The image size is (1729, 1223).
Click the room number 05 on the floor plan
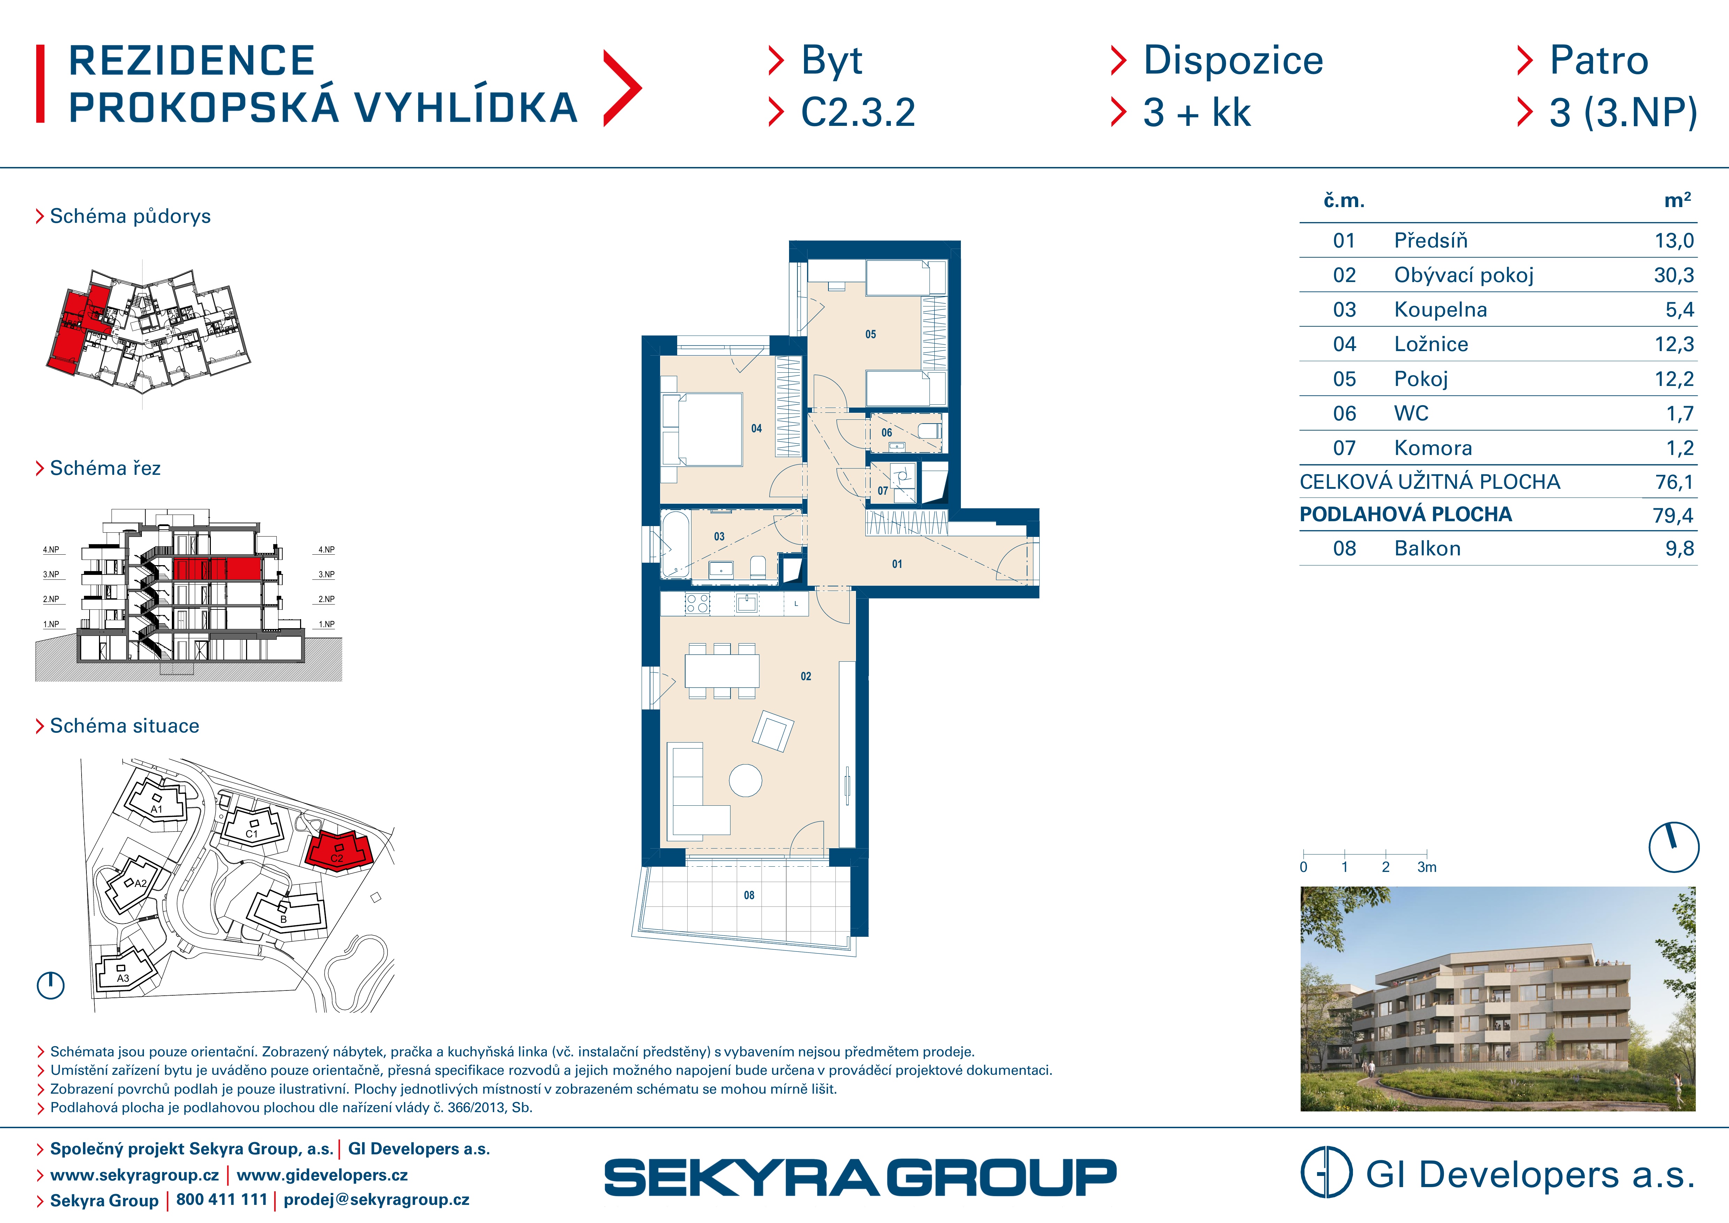(x=871, y=334)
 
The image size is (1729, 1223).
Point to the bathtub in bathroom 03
(x=675, y=545)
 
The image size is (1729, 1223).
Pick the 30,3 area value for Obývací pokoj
(x=1673, y=276)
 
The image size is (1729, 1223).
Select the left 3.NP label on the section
(x=51, y=575)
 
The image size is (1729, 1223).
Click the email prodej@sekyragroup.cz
(x=376, y=1200)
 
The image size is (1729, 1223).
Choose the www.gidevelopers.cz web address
(x=322, y=1175)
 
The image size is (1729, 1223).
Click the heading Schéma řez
(x=105, y=469)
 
